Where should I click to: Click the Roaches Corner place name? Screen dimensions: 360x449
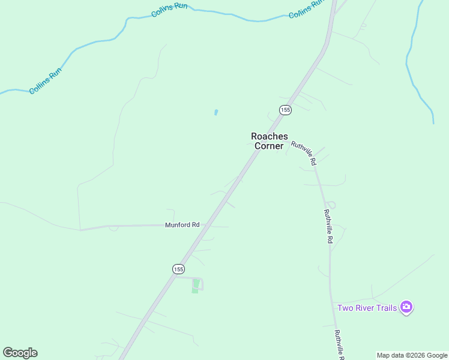tap(269, 141)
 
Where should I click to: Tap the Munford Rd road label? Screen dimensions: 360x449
tap(182, 225)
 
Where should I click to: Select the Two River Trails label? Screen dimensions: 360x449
tap(367, 308)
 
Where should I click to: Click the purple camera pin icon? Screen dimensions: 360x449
tap(407, 308)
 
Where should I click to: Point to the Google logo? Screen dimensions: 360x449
tap(20, 353)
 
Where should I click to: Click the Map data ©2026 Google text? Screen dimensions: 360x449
tap(412, 355)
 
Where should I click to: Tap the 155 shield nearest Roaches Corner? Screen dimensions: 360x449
tap(285, 109)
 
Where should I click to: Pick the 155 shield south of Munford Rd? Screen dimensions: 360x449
tap(178, 269)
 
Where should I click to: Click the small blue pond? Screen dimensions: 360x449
tap(215, 112)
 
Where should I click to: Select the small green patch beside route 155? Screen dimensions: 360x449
tap(195, 287)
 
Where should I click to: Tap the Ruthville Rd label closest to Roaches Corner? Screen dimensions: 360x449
tap(303, 153)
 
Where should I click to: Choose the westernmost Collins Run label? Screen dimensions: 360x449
tap(45, 82)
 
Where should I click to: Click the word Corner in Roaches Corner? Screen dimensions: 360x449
tap(269, 146)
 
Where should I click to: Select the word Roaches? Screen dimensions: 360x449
tap(269, 136)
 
